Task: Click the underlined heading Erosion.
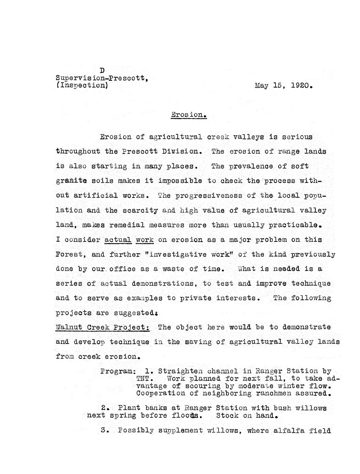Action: (x=189, y=114)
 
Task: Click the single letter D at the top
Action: (x=102, y=71)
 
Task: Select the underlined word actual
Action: (x=118, y=239)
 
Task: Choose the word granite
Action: (x=71, y=180)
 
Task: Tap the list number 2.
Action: (x=105, y=408)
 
